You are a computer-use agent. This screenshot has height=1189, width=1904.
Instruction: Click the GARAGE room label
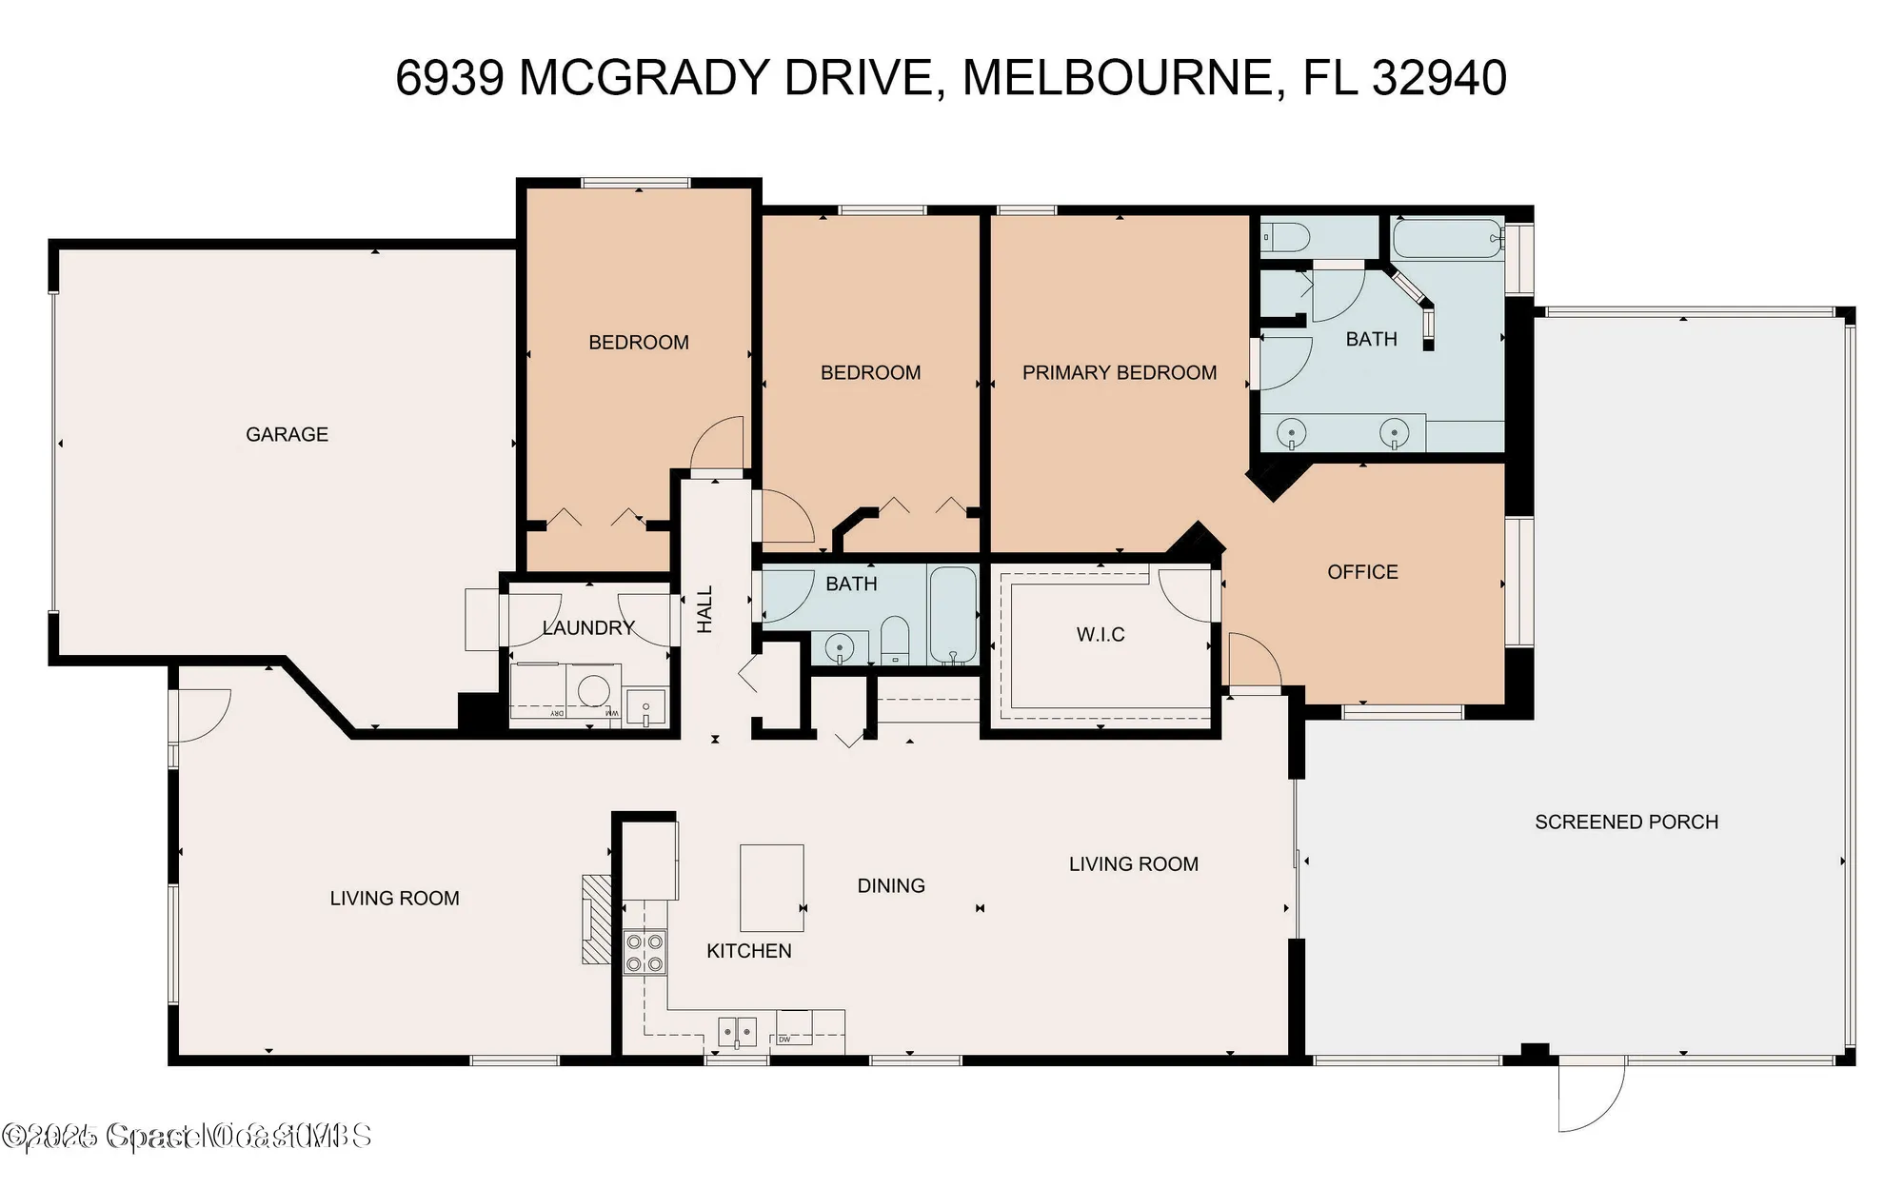click(287, 435)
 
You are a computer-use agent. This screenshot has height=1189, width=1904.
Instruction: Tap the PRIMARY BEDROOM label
click(1119, 373)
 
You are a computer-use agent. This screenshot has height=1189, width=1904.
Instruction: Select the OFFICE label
click(1362, 572)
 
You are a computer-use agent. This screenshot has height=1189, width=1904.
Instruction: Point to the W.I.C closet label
click(1101, 635)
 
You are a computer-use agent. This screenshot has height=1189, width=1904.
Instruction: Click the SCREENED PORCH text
click(1626, 822)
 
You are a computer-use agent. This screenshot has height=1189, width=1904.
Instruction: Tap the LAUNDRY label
click(588, 628)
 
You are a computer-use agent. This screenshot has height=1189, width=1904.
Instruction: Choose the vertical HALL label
click(704, 609)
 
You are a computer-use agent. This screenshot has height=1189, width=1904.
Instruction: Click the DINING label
click(891, 886)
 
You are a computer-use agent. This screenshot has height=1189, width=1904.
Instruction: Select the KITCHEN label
click(748, 951)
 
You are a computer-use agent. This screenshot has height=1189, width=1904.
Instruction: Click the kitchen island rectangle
click(771, 888)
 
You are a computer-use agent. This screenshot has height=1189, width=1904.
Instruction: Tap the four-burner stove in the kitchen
click(645, 953)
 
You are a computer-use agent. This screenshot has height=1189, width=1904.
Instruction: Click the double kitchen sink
click(737, 1031)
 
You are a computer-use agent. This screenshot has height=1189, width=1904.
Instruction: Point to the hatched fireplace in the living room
click(597, 920)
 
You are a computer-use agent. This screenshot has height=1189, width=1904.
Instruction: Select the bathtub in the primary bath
click(1446, 238)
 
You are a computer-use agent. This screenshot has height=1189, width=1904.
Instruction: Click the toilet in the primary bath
click(1284, 237)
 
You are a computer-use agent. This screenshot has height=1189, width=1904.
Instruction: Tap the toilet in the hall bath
click(895, 641)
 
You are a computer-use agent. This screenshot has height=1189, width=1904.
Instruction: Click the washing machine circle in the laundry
click(595, 688)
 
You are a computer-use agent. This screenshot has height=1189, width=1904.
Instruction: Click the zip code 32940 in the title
click(1438, 78)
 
